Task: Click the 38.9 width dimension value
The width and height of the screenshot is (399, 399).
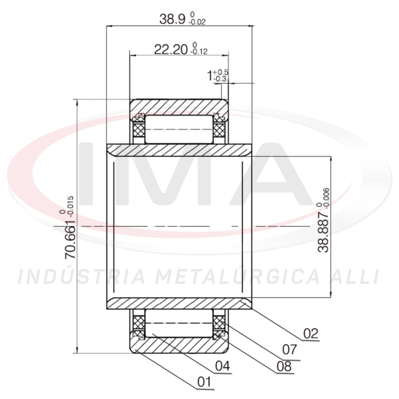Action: coord(172,19)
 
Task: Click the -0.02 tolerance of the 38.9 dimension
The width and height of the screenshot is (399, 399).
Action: coord(197,22)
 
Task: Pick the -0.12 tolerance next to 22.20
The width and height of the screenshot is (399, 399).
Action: coord(199,52)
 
